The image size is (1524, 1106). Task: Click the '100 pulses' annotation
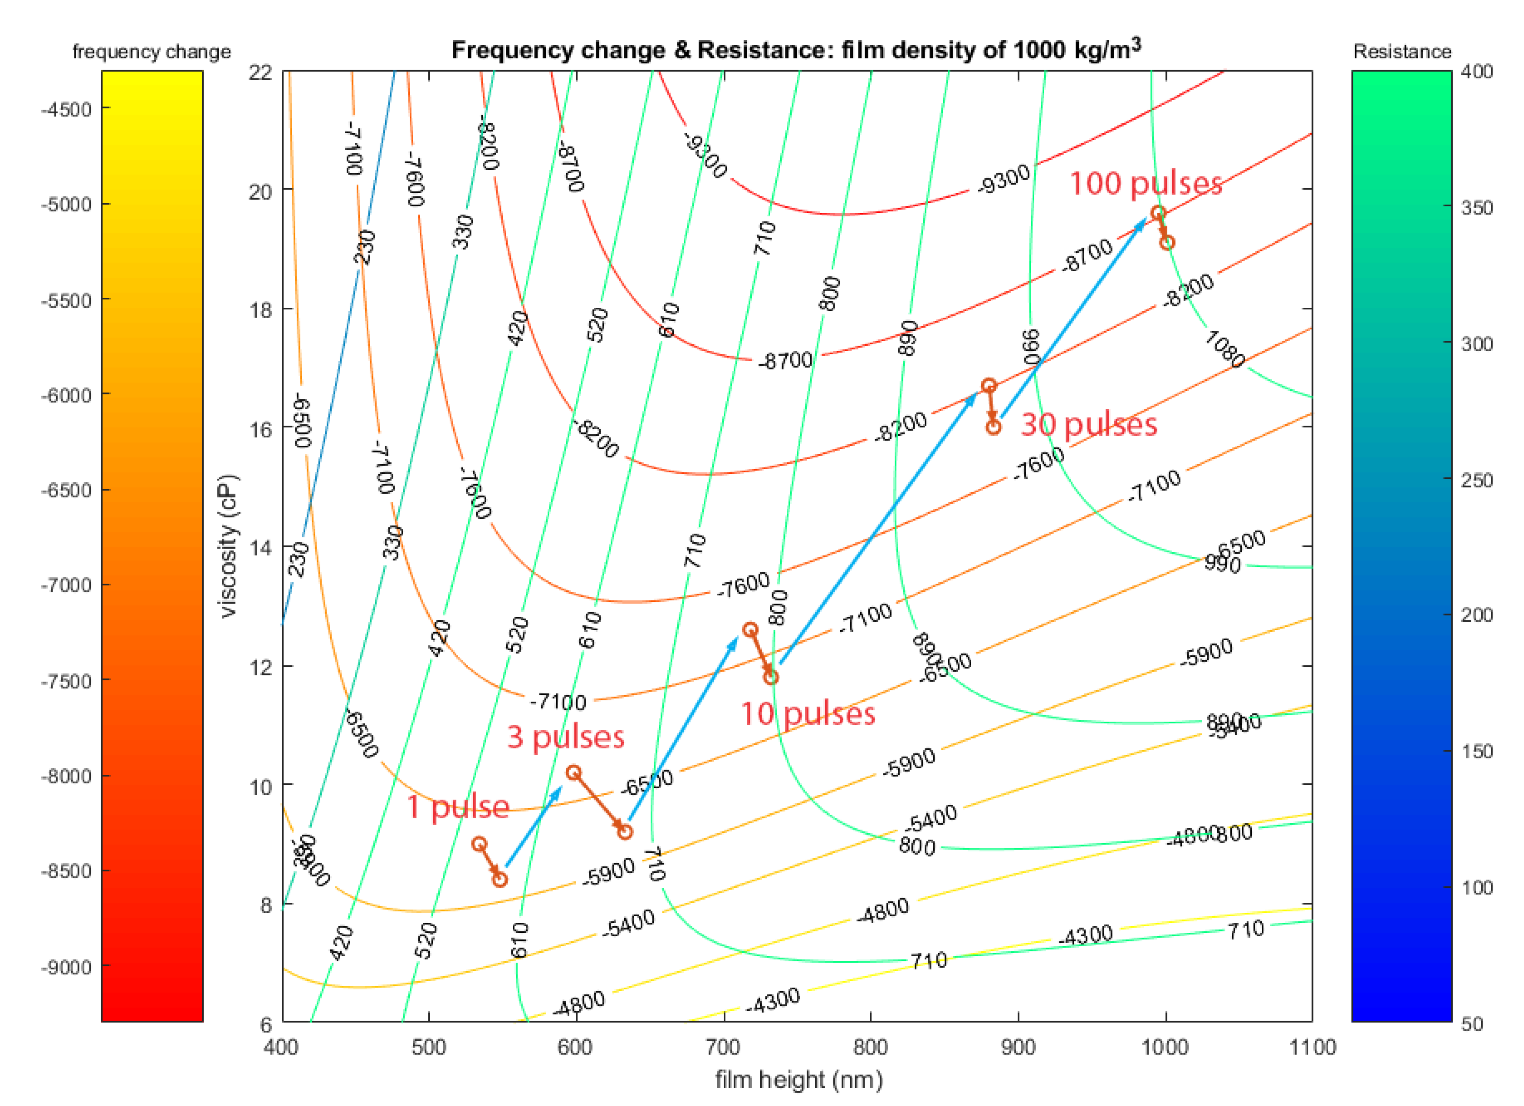1145,184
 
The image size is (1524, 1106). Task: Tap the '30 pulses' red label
1089,425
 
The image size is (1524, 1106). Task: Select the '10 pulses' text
808,714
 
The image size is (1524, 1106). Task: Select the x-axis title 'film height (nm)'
798,1080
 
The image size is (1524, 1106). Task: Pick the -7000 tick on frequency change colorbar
66,585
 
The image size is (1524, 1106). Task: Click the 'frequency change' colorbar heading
151,52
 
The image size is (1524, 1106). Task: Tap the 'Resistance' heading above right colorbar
1402,52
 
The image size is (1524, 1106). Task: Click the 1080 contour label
1224,348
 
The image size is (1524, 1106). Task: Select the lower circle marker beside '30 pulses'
993,427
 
